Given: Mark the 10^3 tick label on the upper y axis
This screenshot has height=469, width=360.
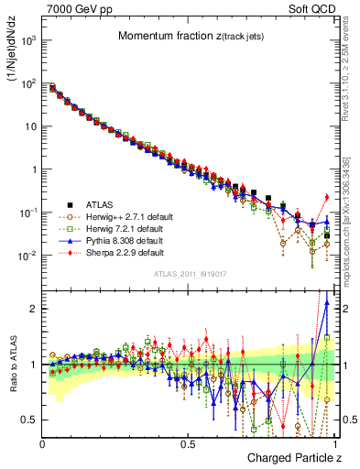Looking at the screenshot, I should pos(27,41).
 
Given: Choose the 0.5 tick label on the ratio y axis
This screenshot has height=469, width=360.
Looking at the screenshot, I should pos(28,420).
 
